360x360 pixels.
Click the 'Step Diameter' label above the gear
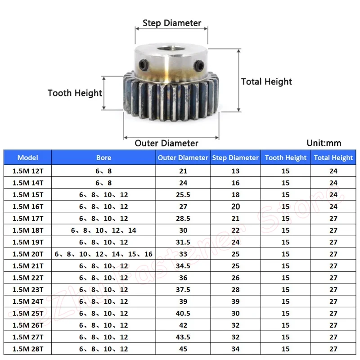tap(171, 23)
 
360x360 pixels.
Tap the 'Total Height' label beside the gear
tap(266, 81)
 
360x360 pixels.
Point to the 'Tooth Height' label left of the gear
tap(75, 93)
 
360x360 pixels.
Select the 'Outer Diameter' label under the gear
tap(166, 143)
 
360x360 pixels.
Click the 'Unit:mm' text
tap(324, 143)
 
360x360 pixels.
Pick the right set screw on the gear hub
tap(199, 67)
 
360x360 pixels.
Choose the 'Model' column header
tap(28, 157)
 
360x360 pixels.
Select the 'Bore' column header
tap(103, 157)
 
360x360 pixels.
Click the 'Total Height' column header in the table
tap(333, 157)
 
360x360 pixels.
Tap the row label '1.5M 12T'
tap(28, 171)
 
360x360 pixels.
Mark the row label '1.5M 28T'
tap(28, 349)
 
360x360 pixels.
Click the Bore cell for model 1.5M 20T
tap(103, 254)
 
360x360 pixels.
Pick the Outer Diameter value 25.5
tap(183, 195)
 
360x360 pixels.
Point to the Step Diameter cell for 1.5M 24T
tap(235, 301)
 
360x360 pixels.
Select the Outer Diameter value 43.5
tap(183, 337)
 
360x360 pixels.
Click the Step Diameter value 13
tap(235, 171)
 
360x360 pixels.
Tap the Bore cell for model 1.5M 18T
tap(103, 230)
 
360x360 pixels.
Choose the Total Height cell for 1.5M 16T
tap(333, 207)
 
